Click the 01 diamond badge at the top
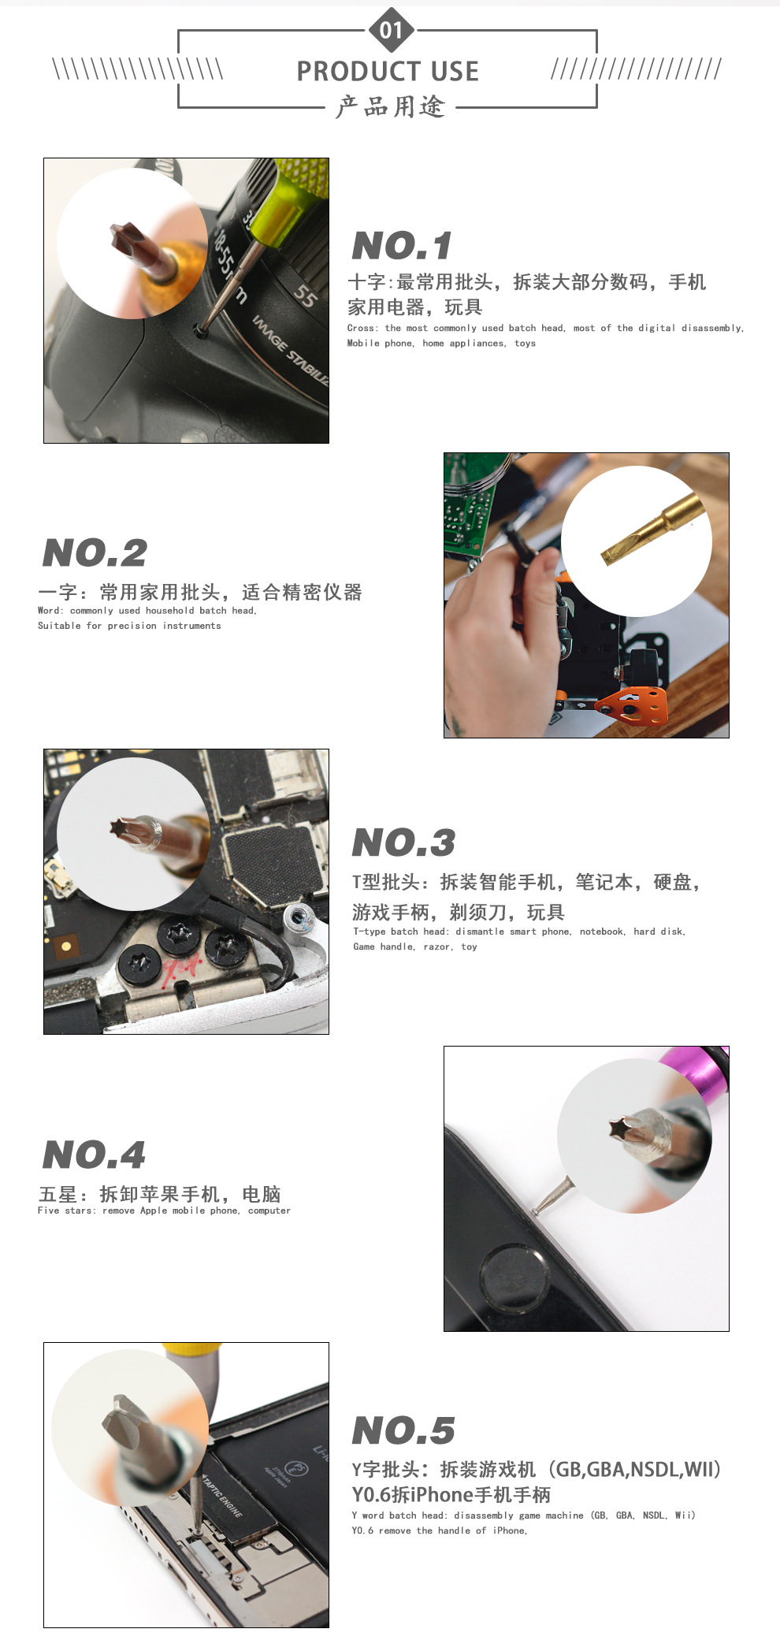pos(391,30)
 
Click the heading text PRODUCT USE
pos(388,72)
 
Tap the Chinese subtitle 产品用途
pos(390,106)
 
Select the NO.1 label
pos(402,246)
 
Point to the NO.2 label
pos(95,552)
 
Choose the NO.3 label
pos(403,842)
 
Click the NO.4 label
pos(94,1155)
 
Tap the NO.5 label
pos(403,1430)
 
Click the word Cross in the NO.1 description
pos(361,329)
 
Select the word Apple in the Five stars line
pos(154,1210)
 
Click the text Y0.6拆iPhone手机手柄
pos(451,1494)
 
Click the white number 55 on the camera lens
pos(305,296)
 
